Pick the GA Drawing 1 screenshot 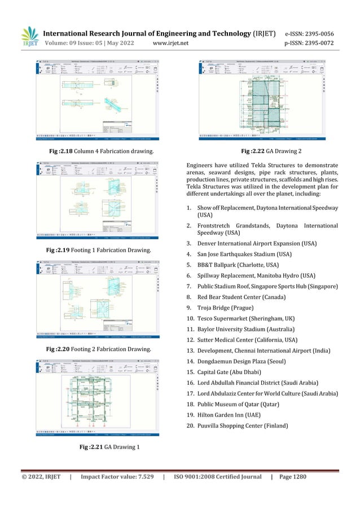(98, 397)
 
